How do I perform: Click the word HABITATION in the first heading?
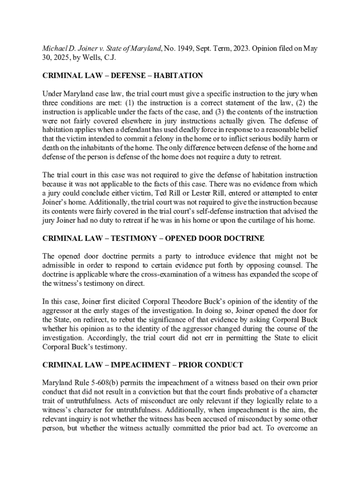(x=179, y=75)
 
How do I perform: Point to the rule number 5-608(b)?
(x=99, y=383)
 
